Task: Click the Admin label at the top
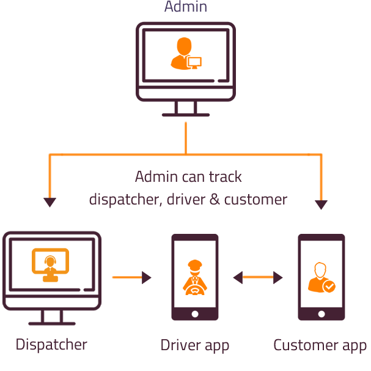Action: (186, 7)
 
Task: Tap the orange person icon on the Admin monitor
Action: (185, 53)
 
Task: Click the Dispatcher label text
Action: (51, 345)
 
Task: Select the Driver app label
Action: (195, 345)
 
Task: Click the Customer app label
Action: (320, 345)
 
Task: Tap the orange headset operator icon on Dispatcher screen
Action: (50, 265)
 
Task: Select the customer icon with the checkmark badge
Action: (320, 279)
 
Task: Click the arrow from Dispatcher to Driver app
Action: (131, 277)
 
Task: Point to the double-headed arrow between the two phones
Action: (258, 277)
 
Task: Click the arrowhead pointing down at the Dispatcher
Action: (50, 202)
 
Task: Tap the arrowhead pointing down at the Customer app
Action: (321, 204)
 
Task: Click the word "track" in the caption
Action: (225, 178)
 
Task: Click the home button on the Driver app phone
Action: (195, 313)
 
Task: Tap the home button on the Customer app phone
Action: (321, 313)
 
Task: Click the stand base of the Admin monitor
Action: (186, 114)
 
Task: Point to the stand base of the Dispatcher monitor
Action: (52, 323)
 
